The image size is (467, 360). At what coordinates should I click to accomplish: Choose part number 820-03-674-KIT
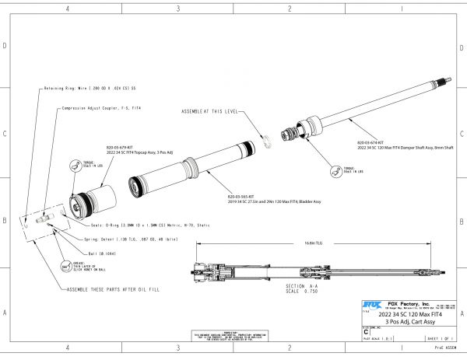click(x=370, y=143)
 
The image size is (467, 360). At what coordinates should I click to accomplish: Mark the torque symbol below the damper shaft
click(x=337, y=171)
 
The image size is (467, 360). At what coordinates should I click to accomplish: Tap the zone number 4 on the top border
click(x=68, y=9)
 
